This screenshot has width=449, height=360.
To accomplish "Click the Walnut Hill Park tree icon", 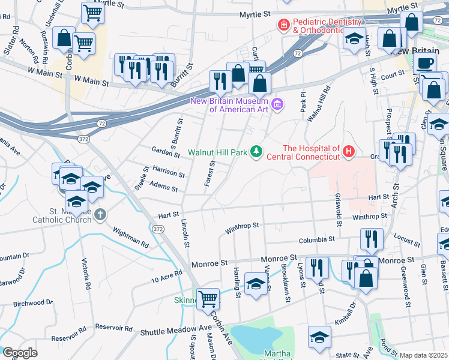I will [256, 152].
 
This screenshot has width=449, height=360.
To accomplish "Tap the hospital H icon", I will [349, 152].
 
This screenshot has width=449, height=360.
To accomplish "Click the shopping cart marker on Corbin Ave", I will [208, 298].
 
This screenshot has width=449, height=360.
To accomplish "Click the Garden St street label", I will [166, 153].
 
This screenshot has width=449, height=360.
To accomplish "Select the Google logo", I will [20, 353].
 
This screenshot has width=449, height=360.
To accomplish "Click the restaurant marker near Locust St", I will [372, 239].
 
